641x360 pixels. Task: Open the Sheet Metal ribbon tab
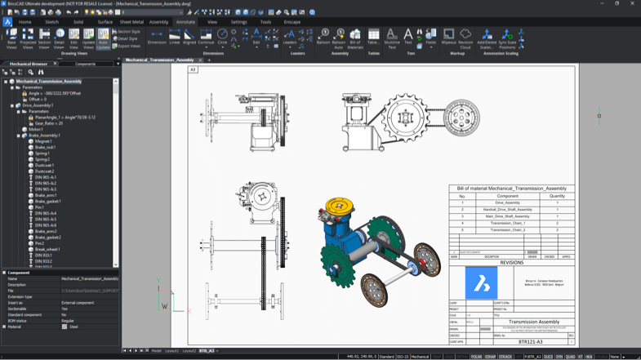click(x=131, y=22)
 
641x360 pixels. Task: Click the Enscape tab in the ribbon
click(x=292, y=22)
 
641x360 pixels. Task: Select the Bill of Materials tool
click(x=355, y=39)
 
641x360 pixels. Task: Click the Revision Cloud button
click(x=465, y=39)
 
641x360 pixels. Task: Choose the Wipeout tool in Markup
click(x=448, y=39)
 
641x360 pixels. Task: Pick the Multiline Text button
click(x=392, y=39)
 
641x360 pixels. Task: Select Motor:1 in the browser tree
click(x=36, y=129)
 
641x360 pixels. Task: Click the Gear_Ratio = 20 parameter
click(x=50, y=123)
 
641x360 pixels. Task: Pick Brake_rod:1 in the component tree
click(x=46, y=148)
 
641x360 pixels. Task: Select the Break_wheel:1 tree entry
click(x=47, y=250)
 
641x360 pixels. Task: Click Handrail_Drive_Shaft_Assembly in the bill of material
click(x=507, y=210)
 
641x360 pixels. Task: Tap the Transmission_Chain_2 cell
click(x=507, y=230)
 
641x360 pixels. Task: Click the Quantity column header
click(x=557, y=196)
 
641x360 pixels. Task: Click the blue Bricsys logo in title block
click(x=481, y=284)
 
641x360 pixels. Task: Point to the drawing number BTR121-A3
click(x=530, y=342)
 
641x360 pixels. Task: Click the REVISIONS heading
click(x=511, y=263)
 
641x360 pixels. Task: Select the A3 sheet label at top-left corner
click(x=194, y=70)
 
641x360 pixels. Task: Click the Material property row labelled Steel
click(x=73, y=327)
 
